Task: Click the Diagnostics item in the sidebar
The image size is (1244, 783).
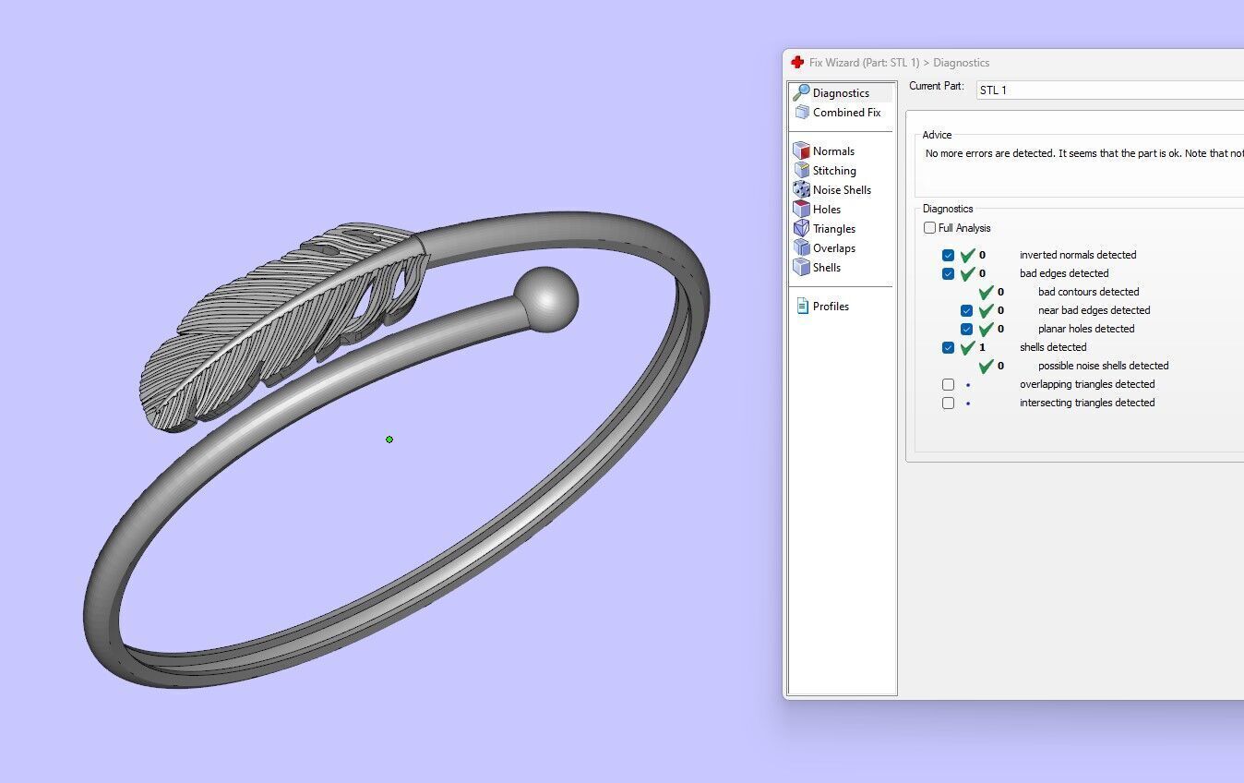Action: point(840,93)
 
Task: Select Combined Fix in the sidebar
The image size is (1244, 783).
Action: point(845,113)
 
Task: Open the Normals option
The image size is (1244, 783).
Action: point(832,151)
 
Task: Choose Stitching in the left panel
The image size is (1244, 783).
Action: point(833,171)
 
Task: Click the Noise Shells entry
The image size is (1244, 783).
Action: point(841,190)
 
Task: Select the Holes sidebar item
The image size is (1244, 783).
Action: point(826,210)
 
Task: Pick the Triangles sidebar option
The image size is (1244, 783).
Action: point(833,229)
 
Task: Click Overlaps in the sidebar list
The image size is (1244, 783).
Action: point(833,248)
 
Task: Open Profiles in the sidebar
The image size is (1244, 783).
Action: point(830,307)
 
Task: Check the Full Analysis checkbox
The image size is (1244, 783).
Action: point(929,228)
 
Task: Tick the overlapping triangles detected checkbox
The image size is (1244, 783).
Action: point(948,384)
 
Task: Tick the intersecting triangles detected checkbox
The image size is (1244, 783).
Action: point(948,403)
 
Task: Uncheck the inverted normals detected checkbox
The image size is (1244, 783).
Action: point(948,255)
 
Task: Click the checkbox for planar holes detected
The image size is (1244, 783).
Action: point(966,329)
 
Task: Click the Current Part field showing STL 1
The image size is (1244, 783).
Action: point(1107,90)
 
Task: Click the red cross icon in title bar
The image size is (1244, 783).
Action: point(797,63)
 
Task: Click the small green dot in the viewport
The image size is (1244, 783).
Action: point(389,440)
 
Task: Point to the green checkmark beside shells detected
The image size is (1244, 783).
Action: point(967,348)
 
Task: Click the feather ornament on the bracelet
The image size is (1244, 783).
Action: point(277,323)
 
